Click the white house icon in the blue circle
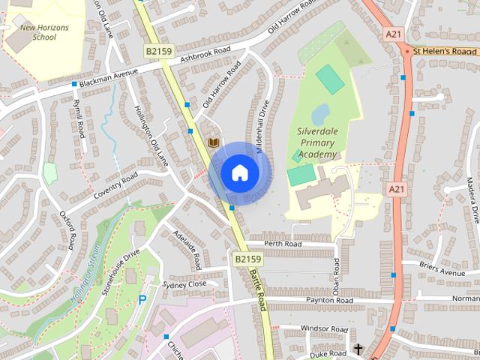[x=239, y=172]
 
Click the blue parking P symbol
[x=142, y=300]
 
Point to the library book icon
[x=214, y=142]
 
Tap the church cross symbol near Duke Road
[x=358, y=349]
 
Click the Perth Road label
[x=283, y=244]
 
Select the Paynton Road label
[x=328, y=300]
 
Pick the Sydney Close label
[x=184, y=285]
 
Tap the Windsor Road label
[x=324, y=329]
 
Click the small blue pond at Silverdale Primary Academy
[x=319, y=114]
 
